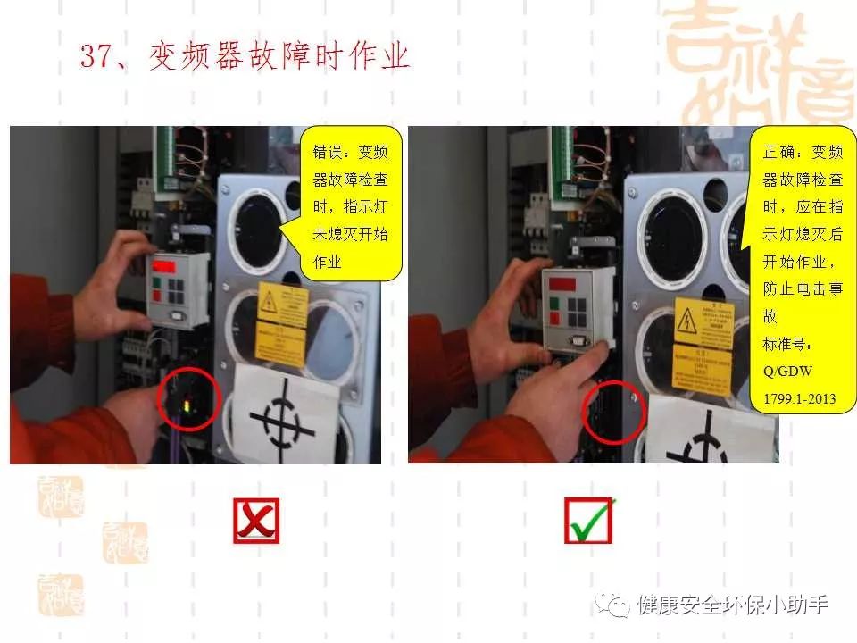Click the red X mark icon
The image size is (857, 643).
(256, 521)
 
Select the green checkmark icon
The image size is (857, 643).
(589, 521)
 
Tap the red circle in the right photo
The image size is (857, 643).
(613, 412)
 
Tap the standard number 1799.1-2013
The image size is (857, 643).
(799, 398)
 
